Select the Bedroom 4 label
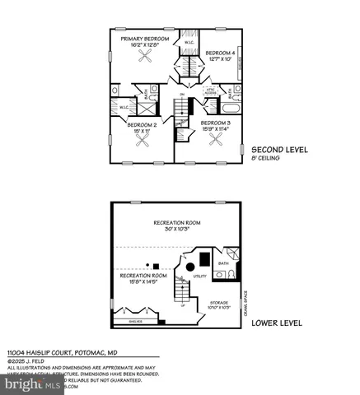(217, 52)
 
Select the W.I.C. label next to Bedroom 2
(124, 106)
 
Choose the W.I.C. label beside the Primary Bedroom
(189, 43)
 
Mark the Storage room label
(218, 302)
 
